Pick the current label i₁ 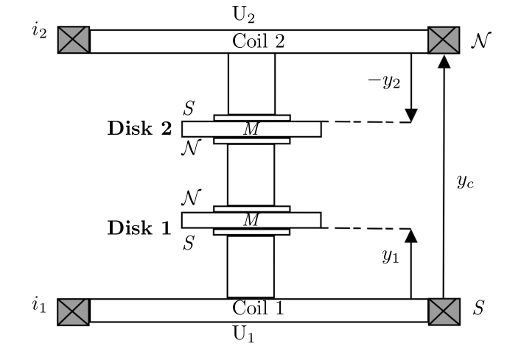pyautogui.click(x=38, y=305)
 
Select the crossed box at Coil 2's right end pyautogui.click(x=443, y=40)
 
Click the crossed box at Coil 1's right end pyautogui.click(x=443, y=311)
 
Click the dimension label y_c pyautogui.click(x=463, y=181)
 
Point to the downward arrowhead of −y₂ pyautogui.click(x=411, y=116)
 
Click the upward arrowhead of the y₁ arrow pyautogui.click(x=411, y=235)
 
